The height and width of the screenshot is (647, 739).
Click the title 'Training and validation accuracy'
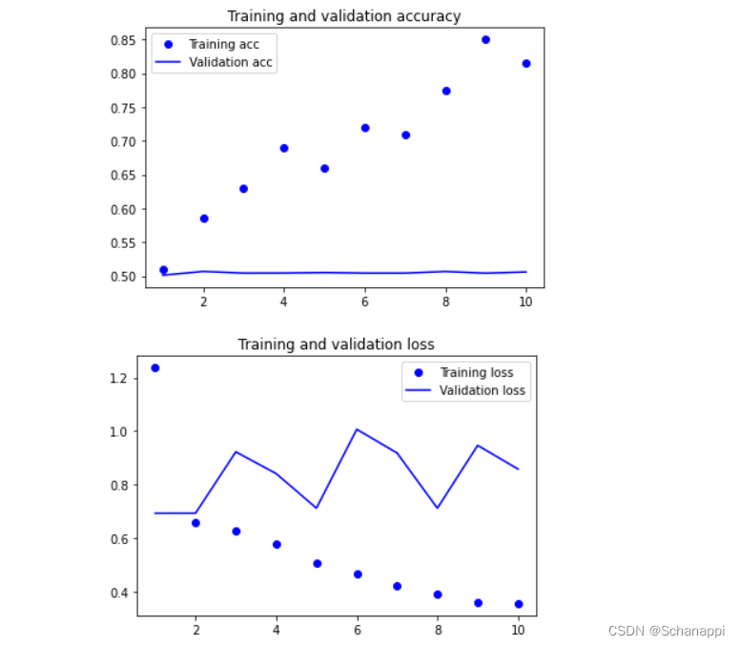[343, 16]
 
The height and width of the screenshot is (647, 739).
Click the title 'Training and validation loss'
[336, 344]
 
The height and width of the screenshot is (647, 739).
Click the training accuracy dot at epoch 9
[485, 40]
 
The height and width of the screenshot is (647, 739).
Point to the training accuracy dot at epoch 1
[163, 270]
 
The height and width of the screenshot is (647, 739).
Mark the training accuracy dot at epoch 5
[324, 169]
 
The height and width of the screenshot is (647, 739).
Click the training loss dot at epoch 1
[155, 367]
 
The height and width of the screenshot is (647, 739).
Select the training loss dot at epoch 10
[518, 604]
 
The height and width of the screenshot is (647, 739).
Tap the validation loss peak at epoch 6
[357, 429]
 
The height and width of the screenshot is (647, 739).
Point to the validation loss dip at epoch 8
[438, 508]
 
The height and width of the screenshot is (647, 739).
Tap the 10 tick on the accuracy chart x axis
[524, 303]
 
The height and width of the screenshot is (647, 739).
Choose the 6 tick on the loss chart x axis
[357, 631]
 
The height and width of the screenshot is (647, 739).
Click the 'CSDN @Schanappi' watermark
[666, 632]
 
